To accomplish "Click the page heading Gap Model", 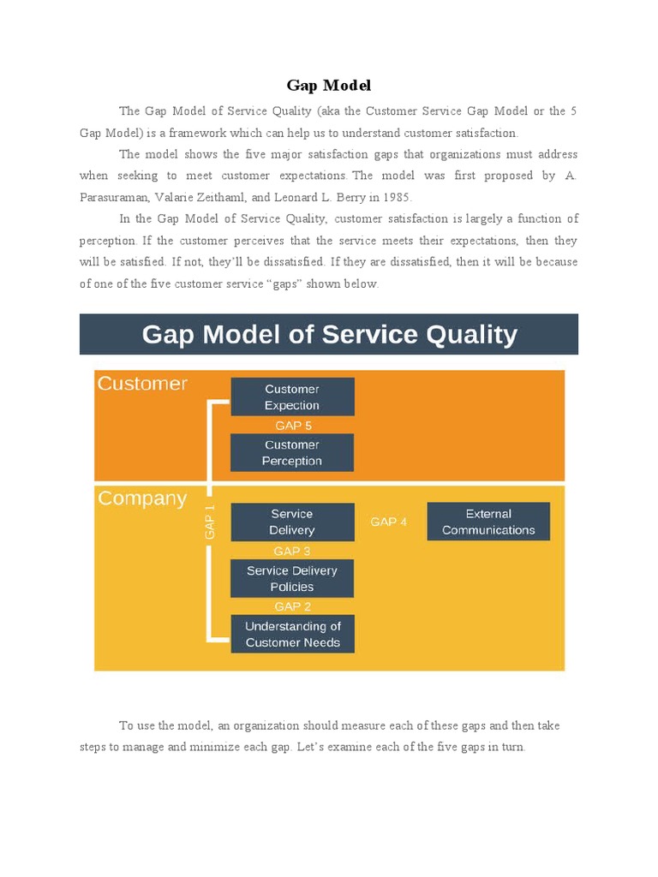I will (328, 86).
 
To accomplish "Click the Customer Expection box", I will (292, 397).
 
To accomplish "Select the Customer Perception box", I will (292, 452).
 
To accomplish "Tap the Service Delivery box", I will (292, 522).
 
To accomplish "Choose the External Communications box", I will (488, 522).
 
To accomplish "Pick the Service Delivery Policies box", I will (292, 578).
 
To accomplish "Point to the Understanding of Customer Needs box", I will (292, 634).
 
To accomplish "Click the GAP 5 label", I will (293, 425).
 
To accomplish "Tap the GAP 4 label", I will (388, 522).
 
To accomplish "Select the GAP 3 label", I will (292, 551).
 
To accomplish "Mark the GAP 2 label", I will (292, 606).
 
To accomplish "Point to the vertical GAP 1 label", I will (210, 522).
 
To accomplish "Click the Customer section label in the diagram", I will (142, 384).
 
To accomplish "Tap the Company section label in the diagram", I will (142, 498).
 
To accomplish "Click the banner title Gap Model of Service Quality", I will (329, 334).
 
